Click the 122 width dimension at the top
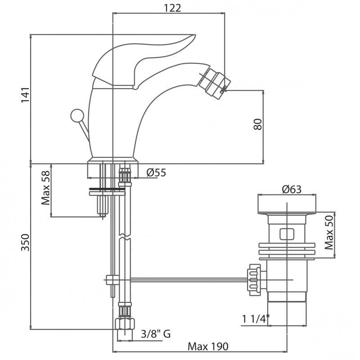click(172, 8)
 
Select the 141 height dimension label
click(25, 95)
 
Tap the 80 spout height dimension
click(258, 124)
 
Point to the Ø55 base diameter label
click(156, 172)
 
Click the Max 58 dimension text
click(46, 188)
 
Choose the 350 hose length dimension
click(25, 243)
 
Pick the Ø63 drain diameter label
click(292, 189)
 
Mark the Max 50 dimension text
click(329, 232)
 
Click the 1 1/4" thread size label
click(256, 319)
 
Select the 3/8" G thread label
click(156, 333)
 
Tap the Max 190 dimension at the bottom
click(208, 346)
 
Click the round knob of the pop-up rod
click(77, 116)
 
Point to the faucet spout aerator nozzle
click(214, 82)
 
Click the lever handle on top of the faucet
click(142, 58)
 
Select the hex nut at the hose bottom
click(125, 324)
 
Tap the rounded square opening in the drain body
click(287, 234)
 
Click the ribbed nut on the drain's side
click(254, 279)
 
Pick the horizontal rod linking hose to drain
click(189, 279)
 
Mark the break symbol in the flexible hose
click(125, 237)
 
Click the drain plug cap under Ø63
click(287, 204)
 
